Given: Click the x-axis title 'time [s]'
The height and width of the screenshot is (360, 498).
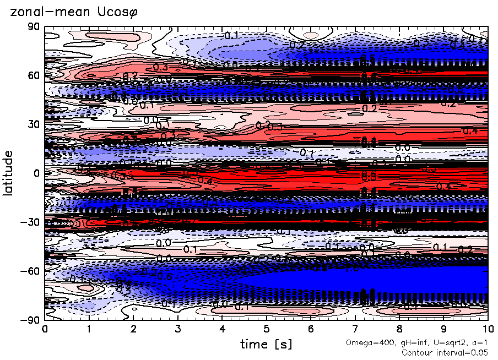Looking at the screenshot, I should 266,345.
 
